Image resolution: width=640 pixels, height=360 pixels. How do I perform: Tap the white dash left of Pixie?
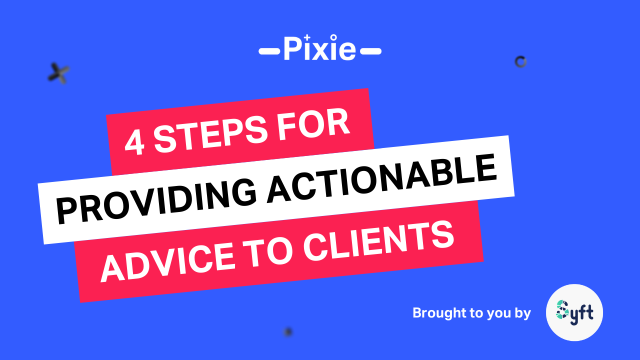click(x=269, y=51)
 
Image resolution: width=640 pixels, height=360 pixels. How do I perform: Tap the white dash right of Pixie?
click(x=370, y=51)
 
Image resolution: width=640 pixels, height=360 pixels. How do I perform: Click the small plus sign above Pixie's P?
click(x=307, y=37)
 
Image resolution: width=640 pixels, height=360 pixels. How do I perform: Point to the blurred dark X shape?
click(x=58, y=73)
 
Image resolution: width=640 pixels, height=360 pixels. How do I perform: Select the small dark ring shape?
click(x=520, y=61)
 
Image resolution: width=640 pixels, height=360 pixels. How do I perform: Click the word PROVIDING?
click(x=156, y=200)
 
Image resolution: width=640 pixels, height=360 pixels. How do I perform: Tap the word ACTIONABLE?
click(x=381, y=178)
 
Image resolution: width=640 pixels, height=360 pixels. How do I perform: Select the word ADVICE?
click(x=167, y=263)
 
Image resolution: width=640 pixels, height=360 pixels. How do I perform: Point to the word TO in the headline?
click(x=268, y=252)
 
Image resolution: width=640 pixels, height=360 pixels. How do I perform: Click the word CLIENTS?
click(x=378, y=241)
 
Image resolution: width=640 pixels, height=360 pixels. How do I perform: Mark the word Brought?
click(x=439, y=313)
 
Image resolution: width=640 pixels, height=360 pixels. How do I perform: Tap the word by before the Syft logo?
click(x=523, y=313)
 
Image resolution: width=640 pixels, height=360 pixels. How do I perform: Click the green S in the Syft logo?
click(x=562, y=309)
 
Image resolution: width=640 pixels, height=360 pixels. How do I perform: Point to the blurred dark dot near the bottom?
click(x=288, y=332)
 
